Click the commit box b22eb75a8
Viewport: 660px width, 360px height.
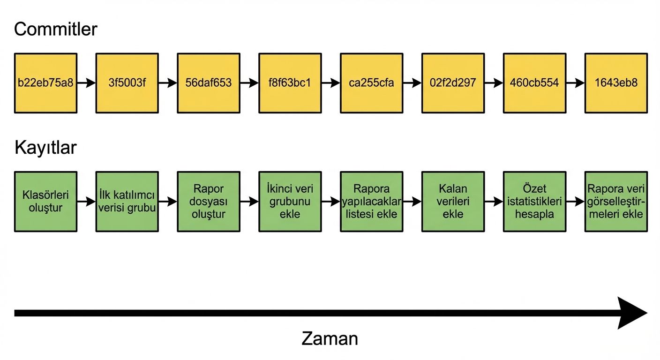click(45, 83)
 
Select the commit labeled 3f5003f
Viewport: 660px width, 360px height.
click(127, 83)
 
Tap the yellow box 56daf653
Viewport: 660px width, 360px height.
click(209, 83)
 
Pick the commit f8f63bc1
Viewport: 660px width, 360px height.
click(290, 83)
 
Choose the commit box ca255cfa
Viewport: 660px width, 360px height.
click(372, 83)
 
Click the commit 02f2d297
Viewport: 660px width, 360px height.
click(453, 83)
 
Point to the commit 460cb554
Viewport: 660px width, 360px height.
click(534, 83)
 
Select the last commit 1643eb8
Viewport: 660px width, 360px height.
click(616, 83)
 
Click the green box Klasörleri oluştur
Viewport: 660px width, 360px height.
click(45, 202)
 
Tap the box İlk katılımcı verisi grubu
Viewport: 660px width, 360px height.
click(127, 202)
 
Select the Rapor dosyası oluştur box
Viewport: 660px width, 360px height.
click(209, 202)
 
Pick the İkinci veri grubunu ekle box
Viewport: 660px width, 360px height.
click(290, 202)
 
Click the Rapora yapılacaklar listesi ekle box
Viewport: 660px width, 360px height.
click(372, 202)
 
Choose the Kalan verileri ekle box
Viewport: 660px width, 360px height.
click(453, 202)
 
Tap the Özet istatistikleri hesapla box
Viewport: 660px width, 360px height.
click(534, 202)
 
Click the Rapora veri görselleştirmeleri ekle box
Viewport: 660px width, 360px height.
click(616, 202)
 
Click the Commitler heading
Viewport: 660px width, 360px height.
click(55, 30)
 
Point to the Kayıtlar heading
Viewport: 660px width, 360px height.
click(45, 148)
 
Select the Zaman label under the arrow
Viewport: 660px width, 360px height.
click(330, 338)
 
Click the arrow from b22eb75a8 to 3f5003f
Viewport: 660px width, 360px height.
click(86, 83)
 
